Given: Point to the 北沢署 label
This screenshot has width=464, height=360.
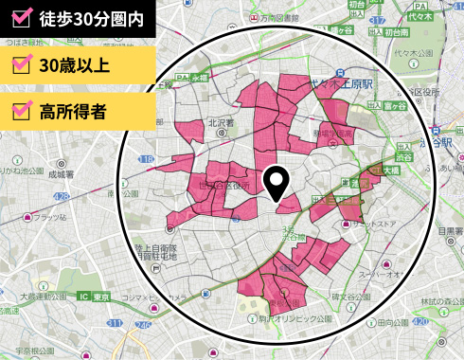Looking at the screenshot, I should [x=221, y=122].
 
